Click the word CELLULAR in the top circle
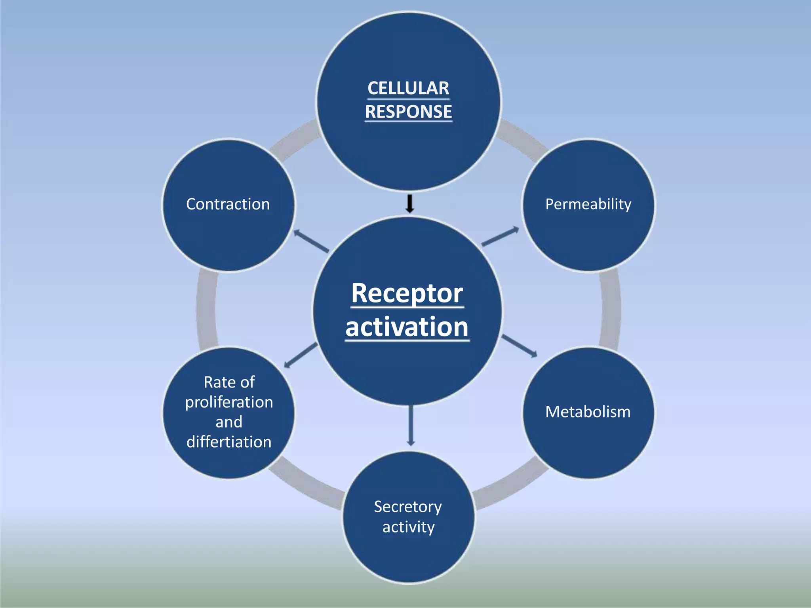point(408,88)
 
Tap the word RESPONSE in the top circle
point(408,112)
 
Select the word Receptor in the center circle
point(407,293)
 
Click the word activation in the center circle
point(407,327)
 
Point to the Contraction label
point(228,204)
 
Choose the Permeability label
point(588,204)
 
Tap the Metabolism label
point(588,412)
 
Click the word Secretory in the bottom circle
point(408,507)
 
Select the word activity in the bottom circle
point(408,527)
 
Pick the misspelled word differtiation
point(229,442)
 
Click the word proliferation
point(229,402)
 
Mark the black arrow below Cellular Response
point(410,203)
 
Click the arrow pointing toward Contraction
point(311,241)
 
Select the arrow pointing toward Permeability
point(500,236)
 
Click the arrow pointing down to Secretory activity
point(411,426)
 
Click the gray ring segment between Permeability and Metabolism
point(610,309)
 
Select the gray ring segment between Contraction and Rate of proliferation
point(206,309)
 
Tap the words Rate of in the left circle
point(229,382)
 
